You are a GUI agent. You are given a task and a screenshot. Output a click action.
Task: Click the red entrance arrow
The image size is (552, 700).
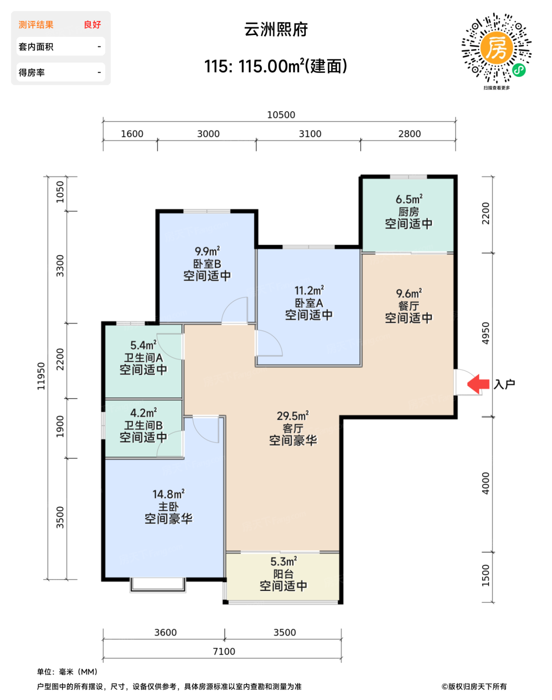(478, 384)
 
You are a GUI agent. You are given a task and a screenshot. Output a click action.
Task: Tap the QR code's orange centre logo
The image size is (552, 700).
(497, 48)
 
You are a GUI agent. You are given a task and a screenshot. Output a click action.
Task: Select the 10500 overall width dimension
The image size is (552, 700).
(281, 115)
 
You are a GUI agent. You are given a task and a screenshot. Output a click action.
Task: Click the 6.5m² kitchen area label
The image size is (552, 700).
(409, 198)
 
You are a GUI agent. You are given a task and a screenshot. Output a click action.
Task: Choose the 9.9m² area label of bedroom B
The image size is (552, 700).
(207, 251)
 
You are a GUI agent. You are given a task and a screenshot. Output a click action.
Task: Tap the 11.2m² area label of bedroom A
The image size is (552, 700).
(309, 290)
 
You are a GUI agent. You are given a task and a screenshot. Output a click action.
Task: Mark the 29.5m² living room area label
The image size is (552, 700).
(293, 415)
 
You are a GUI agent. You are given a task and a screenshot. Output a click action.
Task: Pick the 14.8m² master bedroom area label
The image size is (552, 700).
(168, 494)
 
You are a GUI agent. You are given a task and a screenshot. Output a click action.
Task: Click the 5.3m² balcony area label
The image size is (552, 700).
(283, 561)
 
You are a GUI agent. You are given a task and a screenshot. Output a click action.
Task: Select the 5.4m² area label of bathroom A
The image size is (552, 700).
(143, 345)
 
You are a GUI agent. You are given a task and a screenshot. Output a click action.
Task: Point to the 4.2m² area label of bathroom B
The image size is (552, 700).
(143, 412)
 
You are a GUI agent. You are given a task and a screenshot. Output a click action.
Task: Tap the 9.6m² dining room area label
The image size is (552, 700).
(409, 293)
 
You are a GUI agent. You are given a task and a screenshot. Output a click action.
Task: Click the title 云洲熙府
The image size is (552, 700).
(276, 29)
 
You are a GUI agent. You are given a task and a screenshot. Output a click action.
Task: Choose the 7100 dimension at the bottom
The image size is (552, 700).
(224, 651)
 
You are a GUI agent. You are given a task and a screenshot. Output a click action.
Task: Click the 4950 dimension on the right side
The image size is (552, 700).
(486, 333)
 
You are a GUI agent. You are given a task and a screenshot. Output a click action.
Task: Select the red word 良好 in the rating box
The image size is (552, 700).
(92, 24)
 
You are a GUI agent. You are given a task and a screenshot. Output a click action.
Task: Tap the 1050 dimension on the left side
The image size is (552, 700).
(60, 192)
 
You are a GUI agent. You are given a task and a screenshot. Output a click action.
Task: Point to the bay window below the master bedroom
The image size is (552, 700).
(158, 584)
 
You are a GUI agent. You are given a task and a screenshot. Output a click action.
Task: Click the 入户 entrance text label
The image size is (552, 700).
(504, 384)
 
